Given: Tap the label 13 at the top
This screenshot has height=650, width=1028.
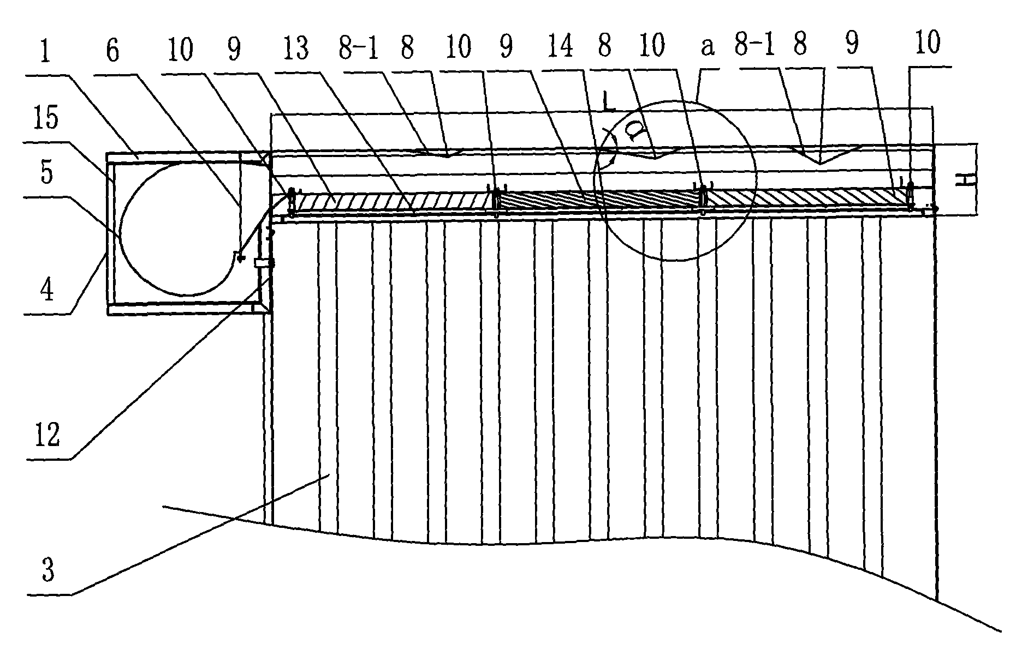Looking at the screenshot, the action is tap(296, 49).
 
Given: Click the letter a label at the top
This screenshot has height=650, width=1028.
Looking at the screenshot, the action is tap(708, 48).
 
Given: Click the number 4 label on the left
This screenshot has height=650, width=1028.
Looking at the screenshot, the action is tap(47, 290).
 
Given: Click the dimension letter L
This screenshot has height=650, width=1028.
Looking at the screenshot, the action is tap(609, 101).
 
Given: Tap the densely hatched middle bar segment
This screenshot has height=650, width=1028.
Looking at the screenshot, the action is tap(601, 199).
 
